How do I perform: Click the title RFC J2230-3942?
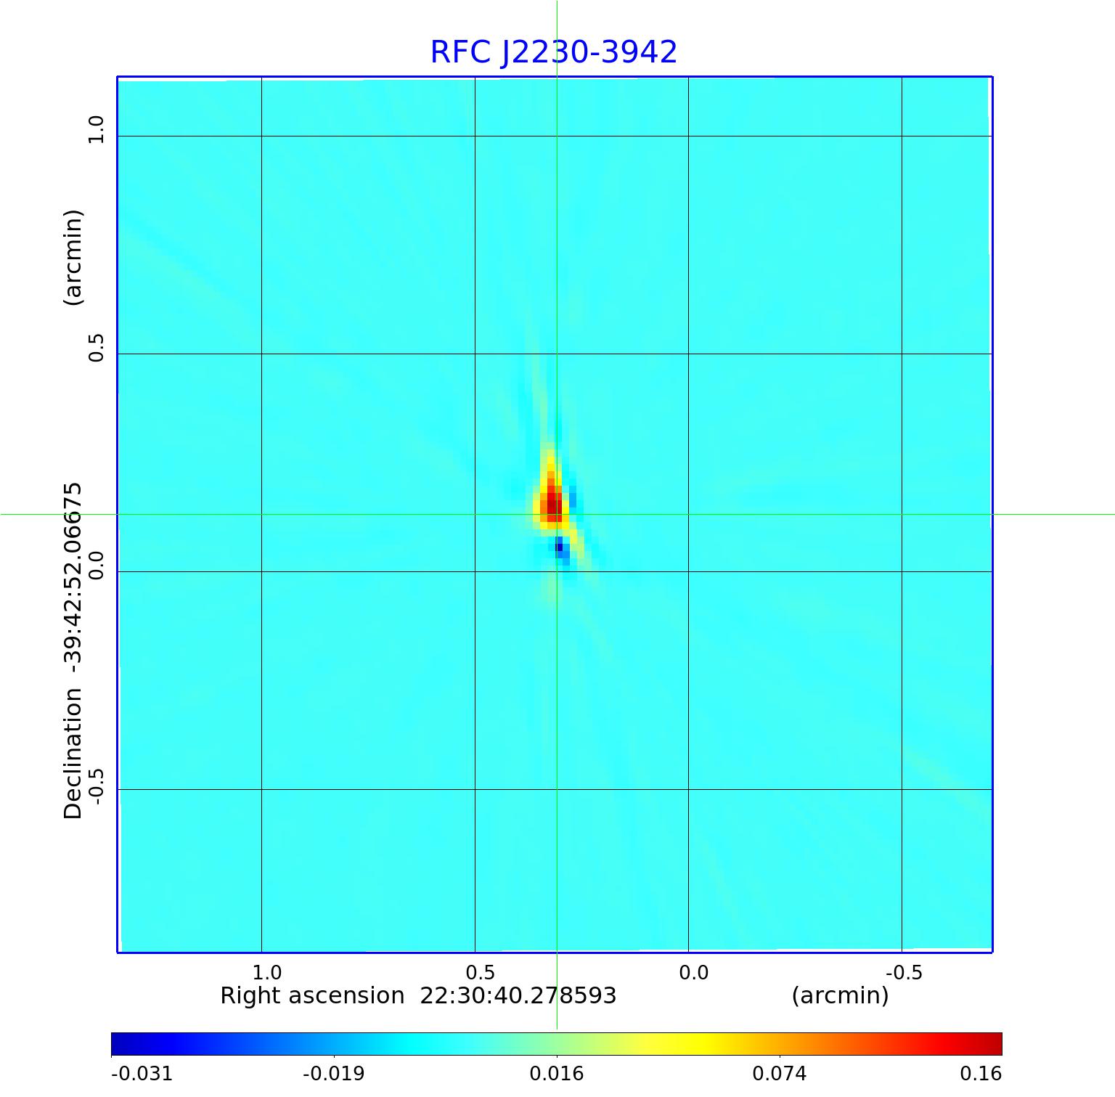pos(553,52)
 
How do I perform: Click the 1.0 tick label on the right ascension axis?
pos(266,972)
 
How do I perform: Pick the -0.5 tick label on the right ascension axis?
pos(904,972)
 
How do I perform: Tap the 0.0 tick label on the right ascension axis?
pos(693,972)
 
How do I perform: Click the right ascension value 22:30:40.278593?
pos(518,995)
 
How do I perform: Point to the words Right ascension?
pos(312,995)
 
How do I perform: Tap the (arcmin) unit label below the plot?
pos(840,995)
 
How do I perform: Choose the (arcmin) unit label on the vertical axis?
pos(73,258)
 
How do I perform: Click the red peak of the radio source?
pos(552,502)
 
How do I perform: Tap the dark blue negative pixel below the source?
pos(559,547)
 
